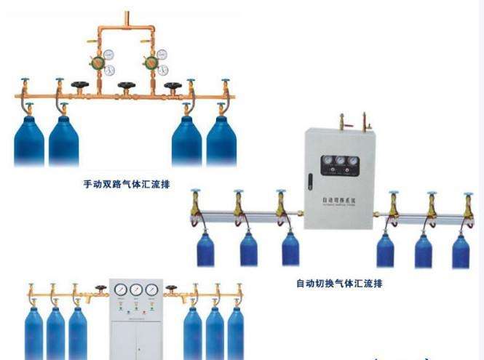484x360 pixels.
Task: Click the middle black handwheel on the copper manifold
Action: tap(127, 88)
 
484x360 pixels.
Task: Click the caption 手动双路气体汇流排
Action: tap(127, 184)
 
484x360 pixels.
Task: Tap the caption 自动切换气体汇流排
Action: tap(339, 284)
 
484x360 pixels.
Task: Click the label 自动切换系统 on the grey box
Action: tap(338, 198)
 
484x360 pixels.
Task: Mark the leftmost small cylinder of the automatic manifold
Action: tap(206, 249)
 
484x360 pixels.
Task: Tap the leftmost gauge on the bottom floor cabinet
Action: tap(121, 289)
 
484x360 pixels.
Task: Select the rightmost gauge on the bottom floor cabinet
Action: tap(151, 289)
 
